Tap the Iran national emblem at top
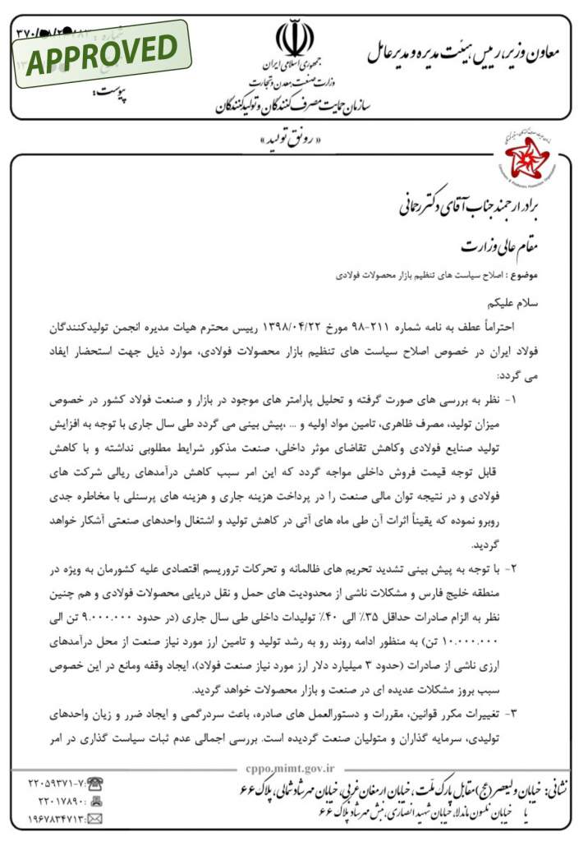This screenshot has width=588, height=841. [x=294, y=37]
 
